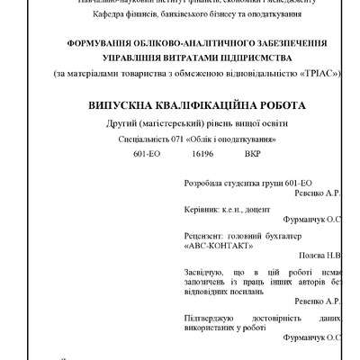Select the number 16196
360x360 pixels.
[202, 155]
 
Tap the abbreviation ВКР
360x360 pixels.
[252, 155]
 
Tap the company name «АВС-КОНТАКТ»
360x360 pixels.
[218, 244]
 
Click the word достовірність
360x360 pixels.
[274, 318]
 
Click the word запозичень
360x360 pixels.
[209, 282]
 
